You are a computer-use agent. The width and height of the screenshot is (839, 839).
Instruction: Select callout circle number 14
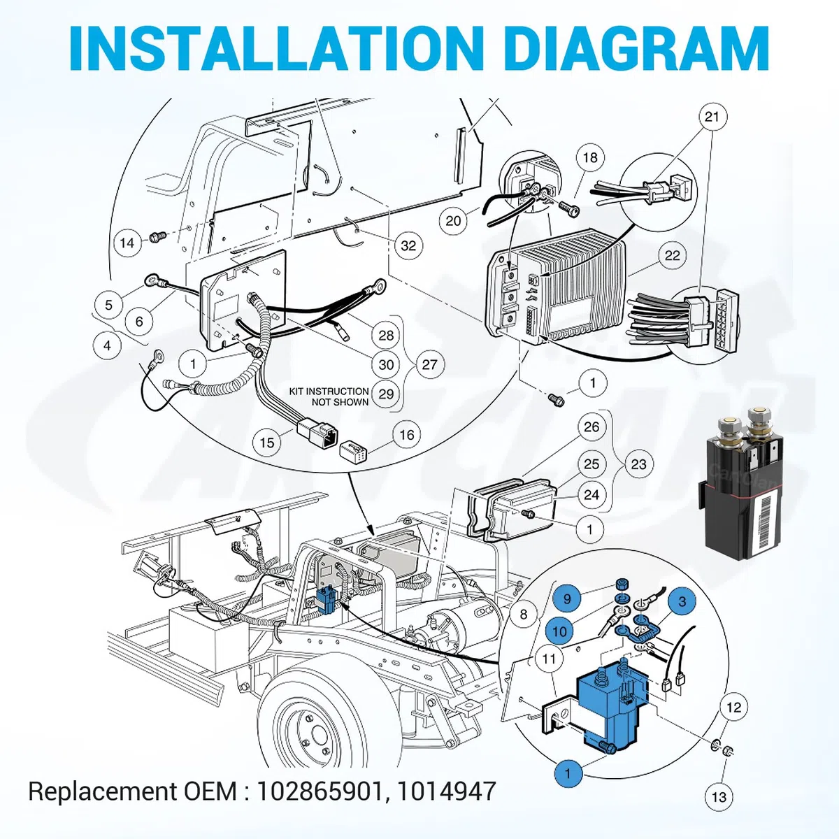click(127, 243)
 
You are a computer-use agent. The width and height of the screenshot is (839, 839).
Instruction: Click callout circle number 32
click(408, 245)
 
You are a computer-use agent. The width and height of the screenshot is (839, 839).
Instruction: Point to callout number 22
click(672, 256)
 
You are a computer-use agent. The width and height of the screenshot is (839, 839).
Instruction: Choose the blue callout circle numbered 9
click(567, 599)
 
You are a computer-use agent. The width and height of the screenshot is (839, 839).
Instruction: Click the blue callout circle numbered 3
click(682, 602)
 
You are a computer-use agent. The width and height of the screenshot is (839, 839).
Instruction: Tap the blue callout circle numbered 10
click(560, 632)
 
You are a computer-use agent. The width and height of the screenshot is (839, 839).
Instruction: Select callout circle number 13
click(719, 797)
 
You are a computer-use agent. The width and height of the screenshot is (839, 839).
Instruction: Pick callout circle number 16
click(407, 434)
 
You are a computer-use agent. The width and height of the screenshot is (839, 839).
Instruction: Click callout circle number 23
click(638, 464)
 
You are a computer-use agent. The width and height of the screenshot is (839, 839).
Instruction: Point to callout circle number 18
click(590, 157)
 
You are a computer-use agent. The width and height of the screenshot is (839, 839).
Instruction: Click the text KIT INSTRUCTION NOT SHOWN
click(329, 396)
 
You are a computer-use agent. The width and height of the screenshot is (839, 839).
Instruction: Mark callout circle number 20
click(453, 221)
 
